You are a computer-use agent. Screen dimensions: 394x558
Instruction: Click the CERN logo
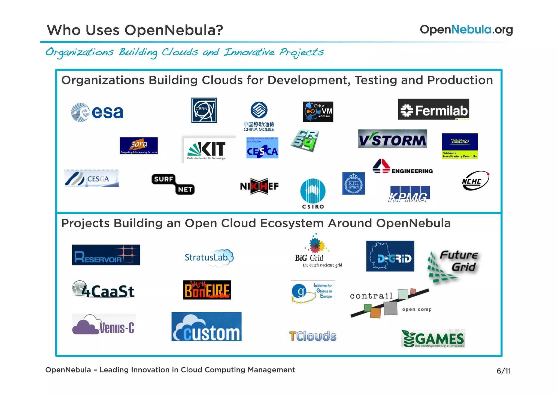(204, 110)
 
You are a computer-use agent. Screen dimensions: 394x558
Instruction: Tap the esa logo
(97, 112)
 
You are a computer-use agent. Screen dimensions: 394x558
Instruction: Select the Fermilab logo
(433, 109)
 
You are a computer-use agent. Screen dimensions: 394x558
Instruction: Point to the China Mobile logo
(259, 116)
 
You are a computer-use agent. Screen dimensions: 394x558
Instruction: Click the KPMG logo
(409, 194)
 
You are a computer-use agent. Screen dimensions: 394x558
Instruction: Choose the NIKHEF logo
(259, 186)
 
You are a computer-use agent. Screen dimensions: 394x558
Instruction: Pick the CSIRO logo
(313, 193)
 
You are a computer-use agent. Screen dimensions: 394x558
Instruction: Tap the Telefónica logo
(460, 146)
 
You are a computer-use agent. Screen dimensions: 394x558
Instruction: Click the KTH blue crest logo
(353, 184)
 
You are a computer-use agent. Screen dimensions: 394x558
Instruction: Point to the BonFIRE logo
(207, 290)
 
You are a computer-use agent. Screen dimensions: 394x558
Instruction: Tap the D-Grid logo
(390, 256)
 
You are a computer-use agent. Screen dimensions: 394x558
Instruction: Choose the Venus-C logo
(104, 325)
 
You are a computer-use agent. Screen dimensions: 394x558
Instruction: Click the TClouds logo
(313, 336)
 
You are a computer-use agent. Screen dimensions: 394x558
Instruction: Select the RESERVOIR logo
(106, 255)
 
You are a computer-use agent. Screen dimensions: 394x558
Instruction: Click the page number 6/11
(504, 371)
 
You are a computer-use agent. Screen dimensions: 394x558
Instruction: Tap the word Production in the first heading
(460, 80)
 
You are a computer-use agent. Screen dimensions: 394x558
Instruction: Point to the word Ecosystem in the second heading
(292, 223)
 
